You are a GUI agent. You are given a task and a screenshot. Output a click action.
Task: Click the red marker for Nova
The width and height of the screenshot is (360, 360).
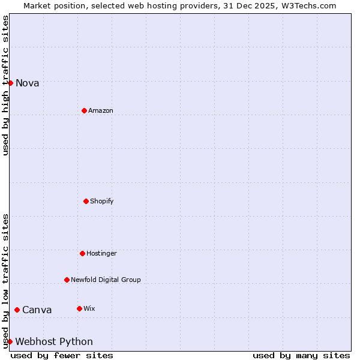10,83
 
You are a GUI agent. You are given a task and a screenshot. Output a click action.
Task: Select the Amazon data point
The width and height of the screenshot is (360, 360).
84,110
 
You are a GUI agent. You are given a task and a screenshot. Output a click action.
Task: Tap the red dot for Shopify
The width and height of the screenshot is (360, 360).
86,201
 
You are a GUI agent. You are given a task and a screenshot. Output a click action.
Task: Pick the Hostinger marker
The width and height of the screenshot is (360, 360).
82,253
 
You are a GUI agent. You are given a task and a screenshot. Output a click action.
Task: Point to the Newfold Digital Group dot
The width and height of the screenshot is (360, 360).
67,280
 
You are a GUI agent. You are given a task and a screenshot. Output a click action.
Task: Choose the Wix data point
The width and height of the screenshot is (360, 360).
79,308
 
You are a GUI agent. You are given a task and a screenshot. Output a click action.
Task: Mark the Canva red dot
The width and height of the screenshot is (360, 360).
17,310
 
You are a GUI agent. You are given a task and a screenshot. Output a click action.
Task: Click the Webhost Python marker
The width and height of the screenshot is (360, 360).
10,341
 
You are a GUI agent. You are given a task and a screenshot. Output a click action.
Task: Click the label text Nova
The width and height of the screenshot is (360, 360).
28,83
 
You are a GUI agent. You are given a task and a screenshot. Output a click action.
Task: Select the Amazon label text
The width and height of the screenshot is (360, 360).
101,110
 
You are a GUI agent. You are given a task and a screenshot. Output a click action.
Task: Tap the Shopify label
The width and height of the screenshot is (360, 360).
102,201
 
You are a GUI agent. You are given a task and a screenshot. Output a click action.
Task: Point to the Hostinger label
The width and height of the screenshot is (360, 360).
101,253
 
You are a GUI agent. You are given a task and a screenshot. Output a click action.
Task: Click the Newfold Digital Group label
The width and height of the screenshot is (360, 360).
106,280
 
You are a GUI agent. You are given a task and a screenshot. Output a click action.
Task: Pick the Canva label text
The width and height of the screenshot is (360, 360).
37,310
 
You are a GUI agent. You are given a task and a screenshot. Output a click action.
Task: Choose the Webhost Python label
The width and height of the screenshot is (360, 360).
54,342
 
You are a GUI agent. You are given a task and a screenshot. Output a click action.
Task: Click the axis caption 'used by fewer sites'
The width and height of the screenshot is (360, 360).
62,355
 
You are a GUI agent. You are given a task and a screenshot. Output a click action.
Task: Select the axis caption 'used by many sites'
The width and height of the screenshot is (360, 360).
301,355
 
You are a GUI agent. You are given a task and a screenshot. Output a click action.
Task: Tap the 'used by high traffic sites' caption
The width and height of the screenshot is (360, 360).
5,85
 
